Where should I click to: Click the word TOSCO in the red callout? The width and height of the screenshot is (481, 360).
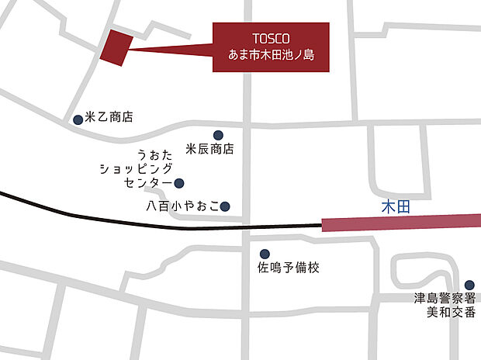pos(271,38)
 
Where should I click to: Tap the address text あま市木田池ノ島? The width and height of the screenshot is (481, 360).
pos(271,56)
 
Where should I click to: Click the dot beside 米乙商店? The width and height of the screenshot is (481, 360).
pos(78,119)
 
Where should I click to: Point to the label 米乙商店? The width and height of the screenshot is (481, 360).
pos(109,118)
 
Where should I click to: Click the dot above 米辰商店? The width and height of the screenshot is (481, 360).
pos(218,134)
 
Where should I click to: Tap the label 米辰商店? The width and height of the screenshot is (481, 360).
pos(210,148)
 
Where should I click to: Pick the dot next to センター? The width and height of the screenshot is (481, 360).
pos(179,183)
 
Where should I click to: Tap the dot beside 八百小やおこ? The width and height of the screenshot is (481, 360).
pos(225,206)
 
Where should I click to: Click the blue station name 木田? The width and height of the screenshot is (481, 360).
pos(395,207)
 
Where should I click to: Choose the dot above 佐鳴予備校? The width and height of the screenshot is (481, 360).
pos(265,254)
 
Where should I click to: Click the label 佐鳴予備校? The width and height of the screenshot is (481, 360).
pos(288,268)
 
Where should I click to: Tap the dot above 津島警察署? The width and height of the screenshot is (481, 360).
pos(469,285)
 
